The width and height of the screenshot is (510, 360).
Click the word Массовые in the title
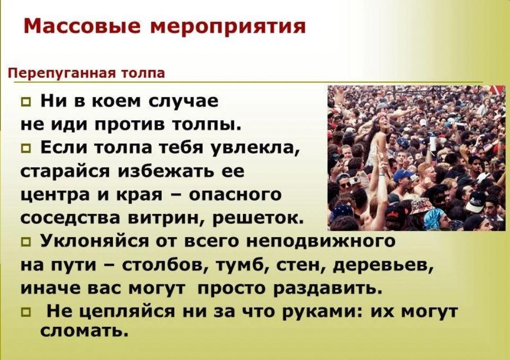point(83,26)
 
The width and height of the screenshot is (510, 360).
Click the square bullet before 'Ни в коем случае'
point(25,103)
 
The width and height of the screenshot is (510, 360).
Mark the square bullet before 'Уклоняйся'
point(25,242)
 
